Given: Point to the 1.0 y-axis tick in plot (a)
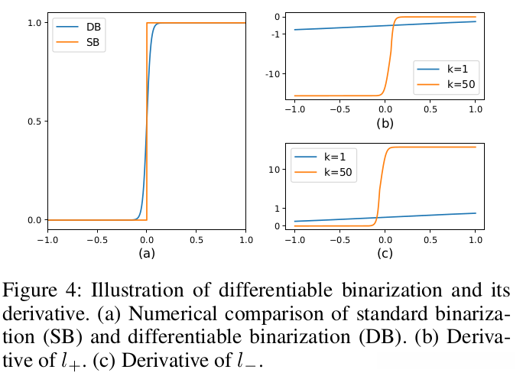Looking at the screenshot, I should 33,23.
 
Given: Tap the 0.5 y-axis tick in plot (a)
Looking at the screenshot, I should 33,122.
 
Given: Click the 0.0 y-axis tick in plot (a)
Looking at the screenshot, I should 33,220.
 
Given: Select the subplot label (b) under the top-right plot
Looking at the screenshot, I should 385,122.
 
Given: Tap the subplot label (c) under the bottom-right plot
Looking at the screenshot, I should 385,253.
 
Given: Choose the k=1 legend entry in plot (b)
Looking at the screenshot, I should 452,67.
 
